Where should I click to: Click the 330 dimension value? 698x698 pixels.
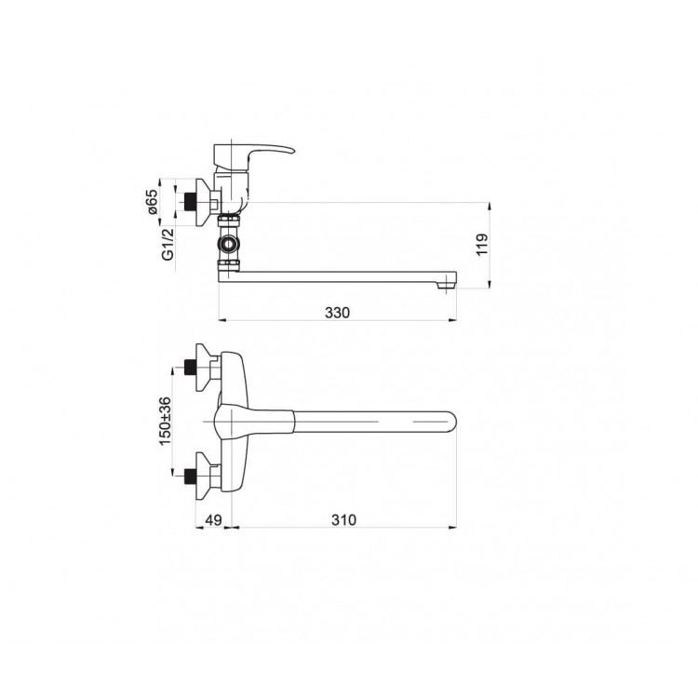tap(337, 313)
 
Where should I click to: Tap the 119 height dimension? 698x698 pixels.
tap(482, 245)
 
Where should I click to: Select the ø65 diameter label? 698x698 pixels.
tap(153, 203)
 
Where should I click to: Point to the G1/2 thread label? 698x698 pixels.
tap(168, 244)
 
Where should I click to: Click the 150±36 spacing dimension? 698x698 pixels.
tap(164, 421)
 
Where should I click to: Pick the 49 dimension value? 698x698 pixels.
tap(213, 519)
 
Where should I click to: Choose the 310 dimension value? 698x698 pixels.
tap(343, 519)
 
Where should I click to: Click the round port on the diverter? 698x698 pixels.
tap(227, 244)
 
